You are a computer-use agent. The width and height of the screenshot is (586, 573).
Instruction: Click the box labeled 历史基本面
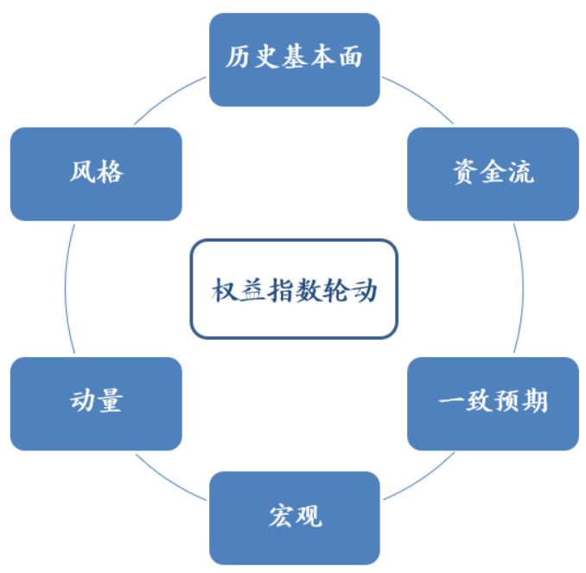pyautogui.click(x=295, y=59)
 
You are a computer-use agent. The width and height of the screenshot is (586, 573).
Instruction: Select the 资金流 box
pyautogui.click(x=493, y=174)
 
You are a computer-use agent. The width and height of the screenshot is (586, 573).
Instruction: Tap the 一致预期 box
pyautogui.click(x=493, y=403)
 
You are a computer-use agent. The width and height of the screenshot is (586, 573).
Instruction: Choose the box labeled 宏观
pyautogui.click(x=295, y=517)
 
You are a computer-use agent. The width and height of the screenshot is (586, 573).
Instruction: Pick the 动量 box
pyautogui.click(x=96, y=403)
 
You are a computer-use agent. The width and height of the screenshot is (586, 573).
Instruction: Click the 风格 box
pyautogui.click(x=96, y=174)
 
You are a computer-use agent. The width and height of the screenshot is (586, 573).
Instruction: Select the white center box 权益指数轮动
pyautogui.click(x=294, y=289)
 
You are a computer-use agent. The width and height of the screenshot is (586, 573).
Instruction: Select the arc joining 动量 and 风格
pyautogui.click(x=65, y=289)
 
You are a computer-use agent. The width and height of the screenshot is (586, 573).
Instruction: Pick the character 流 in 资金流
pyautogui.click(x=520, y=174)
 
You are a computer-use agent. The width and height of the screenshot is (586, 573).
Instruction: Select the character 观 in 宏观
pyautogui.click(x=309, y=517)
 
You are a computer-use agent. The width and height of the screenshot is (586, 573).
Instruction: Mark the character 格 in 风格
pyautogui.click(x=110, y=174)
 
